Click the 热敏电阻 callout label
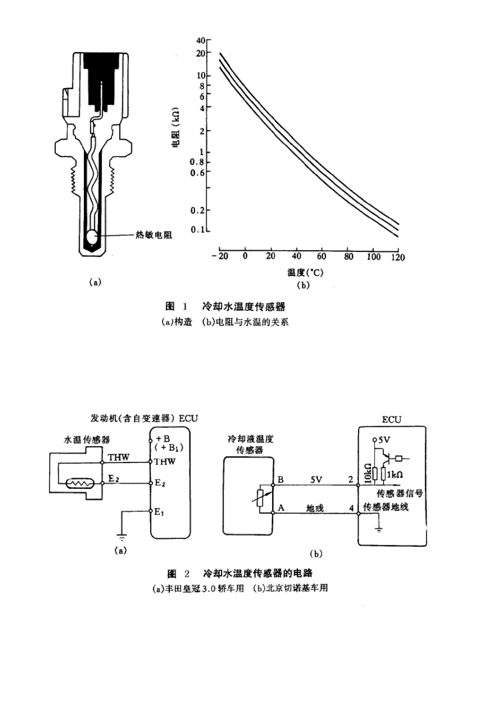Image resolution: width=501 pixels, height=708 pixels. [154, 235]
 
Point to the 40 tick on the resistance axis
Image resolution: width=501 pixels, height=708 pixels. [200, 40]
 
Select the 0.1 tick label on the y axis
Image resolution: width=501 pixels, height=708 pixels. [197, 230]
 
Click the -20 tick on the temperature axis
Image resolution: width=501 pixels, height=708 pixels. [220, 257]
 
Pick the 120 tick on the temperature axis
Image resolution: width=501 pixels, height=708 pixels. [398, 257]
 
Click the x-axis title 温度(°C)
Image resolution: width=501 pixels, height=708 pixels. [305, 272]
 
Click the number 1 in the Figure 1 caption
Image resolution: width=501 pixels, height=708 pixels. [185, 306]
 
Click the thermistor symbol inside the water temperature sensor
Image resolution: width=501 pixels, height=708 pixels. [79, 481]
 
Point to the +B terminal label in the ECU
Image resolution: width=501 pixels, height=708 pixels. [162, 439]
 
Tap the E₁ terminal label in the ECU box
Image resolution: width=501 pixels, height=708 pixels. [159, 511]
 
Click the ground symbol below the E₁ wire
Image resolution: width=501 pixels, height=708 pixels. [122, 537]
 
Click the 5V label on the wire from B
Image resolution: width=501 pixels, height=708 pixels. [315, 480]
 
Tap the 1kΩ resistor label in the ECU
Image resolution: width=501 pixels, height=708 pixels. [394, 474]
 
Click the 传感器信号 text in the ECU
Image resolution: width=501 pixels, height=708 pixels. [399, 494]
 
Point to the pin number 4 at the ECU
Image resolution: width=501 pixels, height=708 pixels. [352, 508]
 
